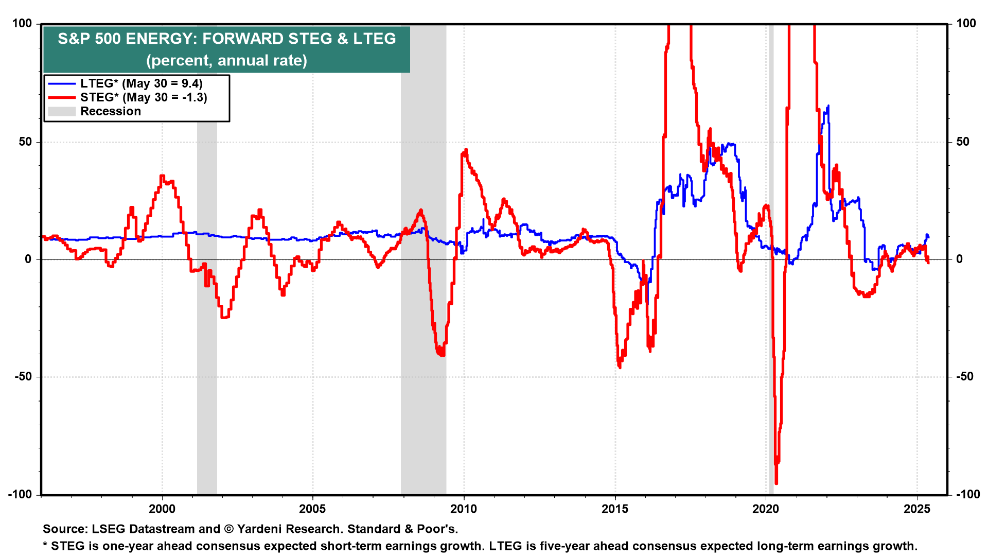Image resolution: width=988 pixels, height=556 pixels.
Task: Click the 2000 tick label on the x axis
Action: pos(162,509)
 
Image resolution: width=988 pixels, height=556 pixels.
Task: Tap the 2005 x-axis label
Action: pos(313,509)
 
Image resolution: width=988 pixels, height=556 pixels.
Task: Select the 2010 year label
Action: pos(464,509)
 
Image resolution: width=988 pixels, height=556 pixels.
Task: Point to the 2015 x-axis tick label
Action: pos(615,509)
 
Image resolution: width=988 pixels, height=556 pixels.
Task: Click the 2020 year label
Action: pos(766,509)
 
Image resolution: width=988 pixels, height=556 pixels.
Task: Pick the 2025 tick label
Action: pos(917,509)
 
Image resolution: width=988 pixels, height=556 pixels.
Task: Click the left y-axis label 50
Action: pos(25,142)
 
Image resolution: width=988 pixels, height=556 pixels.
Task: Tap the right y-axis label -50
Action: pos(965,376)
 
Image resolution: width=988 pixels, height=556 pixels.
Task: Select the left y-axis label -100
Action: pos(20,494)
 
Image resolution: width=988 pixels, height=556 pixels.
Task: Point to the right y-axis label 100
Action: pos(966,23)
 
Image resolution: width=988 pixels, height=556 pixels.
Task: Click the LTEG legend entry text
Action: pos(142,83)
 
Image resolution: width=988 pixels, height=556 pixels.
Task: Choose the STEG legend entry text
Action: pos(144,97)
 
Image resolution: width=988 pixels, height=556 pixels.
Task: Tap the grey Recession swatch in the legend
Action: pos(62,111)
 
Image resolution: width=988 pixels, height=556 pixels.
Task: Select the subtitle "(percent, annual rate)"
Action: pos(226,60)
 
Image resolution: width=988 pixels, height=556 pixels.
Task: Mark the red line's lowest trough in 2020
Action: pos(776,483)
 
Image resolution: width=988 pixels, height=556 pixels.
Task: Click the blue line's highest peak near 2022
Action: pos(828,106)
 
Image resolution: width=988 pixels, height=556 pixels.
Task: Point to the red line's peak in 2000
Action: pos(162,176)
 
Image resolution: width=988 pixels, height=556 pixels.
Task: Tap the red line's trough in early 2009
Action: pos(441,355)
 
